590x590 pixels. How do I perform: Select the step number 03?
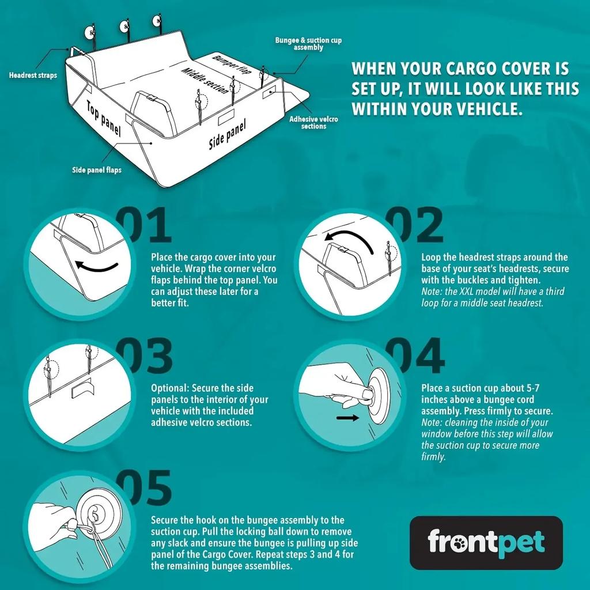tap(144, 355)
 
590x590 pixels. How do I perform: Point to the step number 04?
tap(414, 355)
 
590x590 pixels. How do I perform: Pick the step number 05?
tap(144, 487)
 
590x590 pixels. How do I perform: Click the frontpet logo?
tap(486, 542)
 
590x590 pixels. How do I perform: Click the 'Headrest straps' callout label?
tap(33, 75)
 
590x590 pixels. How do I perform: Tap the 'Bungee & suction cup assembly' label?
tap(308, 44)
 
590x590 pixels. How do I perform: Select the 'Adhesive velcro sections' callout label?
tap(313, 122)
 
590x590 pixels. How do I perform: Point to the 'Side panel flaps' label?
tap(97, 170)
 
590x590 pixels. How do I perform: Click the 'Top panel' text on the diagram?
tap(104, 118)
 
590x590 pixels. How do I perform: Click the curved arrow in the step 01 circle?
tap(97, 267)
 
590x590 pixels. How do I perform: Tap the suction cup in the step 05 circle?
tap(93, 514)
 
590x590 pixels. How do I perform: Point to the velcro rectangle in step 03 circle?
tap(82, 391)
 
